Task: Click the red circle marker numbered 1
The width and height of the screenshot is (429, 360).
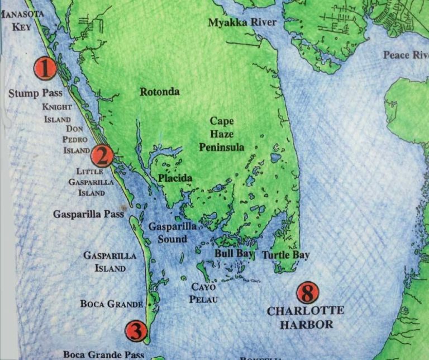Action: click(x=45, y=69)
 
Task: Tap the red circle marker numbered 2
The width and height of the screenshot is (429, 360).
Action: click(x=103, y=155)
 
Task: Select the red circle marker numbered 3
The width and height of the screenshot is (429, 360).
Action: click(x=136, y=331)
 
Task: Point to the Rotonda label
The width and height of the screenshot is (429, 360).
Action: click(x=160, y=92)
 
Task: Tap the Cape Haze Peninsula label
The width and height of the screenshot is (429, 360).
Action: click(x=222, y=134)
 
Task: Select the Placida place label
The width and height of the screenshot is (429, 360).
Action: click(x=175, y=178)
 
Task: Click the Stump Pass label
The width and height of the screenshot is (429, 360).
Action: click(x=35, y=93)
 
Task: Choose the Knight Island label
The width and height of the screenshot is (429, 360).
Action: click(x=57, y=113)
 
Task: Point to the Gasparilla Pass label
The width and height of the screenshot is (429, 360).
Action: click(x=88, y=214)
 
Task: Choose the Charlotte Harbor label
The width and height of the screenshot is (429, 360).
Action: click(x=306, y=318)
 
